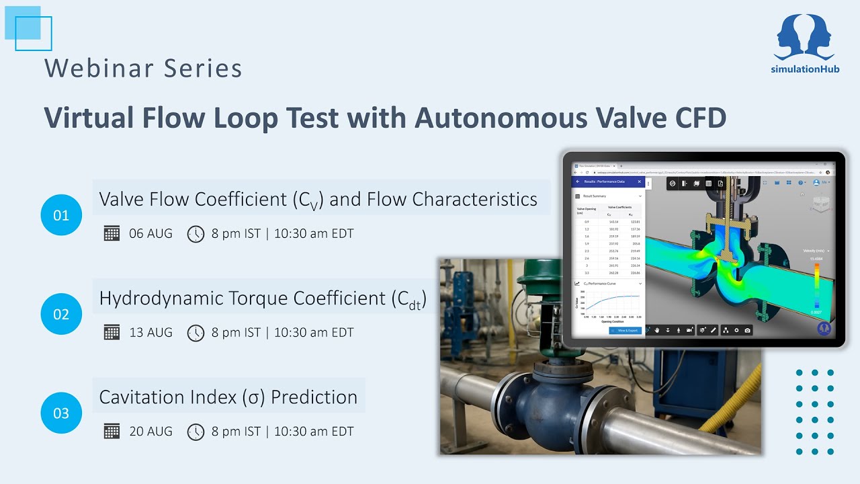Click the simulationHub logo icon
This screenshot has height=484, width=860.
click(805, 37)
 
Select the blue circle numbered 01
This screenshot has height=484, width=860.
click(61, 215)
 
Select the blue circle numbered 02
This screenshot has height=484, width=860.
click(61, 314)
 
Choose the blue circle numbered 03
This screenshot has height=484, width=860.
click(61, 413)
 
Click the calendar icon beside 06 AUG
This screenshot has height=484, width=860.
click(112, 234)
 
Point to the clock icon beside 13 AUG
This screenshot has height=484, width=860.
click(196, 333)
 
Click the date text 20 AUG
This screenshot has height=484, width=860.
click(150, 432)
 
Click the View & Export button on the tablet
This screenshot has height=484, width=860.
click(625, 331)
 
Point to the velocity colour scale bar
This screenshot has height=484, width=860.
click(816, 286)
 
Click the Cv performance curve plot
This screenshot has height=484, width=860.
click(611, 304)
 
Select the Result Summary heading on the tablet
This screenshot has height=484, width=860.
click(595, 196)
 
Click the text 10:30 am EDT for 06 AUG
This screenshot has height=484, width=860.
click(314, 234)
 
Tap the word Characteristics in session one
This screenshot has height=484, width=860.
click(474, 200)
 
